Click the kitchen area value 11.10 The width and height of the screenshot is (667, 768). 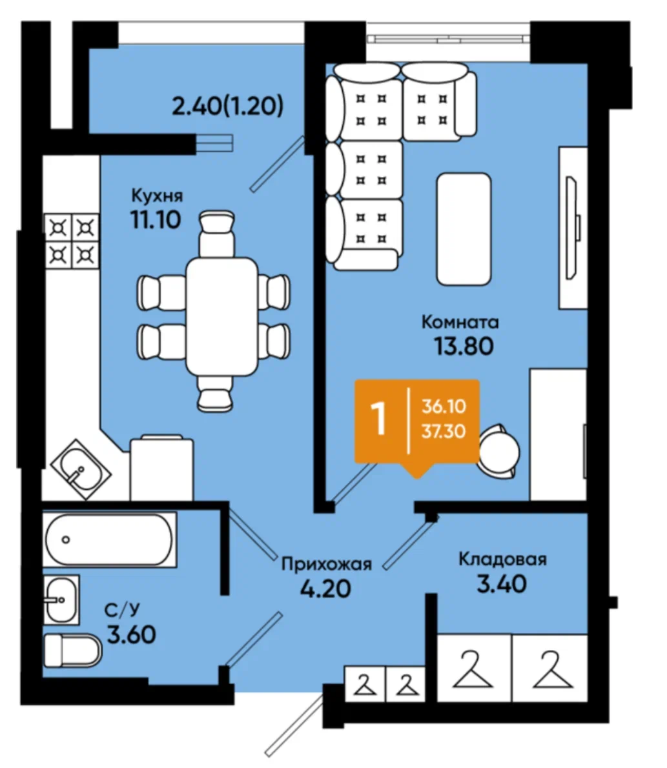[x=156, y=219]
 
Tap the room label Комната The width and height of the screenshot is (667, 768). [x=460, y=322]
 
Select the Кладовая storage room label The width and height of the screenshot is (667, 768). [x=502, y=559]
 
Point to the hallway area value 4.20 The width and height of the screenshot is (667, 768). [x=325, y=588]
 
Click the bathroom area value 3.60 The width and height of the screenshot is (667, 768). [x=131, y=634]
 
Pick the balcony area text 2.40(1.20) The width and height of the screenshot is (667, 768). [x=227, y=106]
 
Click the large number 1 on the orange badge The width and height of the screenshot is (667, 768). [x=380, y=419]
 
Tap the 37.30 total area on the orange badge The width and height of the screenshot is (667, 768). [x=444, y=432]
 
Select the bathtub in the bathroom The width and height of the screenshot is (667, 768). [x=109, y=540]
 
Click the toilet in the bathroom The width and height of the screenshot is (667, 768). [x=72, y=651]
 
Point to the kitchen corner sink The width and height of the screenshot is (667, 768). [x=81, y=469]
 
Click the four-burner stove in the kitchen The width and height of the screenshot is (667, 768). [x=72, y=241]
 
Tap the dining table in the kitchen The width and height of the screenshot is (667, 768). [x=221, y=316]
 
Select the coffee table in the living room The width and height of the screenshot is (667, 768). [x=464, y=228]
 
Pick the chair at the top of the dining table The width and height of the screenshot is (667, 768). [x=216, y=234]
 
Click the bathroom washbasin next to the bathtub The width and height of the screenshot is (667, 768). [x=61, y=600]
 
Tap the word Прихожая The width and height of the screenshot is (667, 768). [x=327, y=564]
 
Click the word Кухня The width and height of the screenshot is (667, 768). [x=157, y=196]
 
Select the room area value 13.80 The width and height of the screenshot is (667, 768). [x=464, y=347]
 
